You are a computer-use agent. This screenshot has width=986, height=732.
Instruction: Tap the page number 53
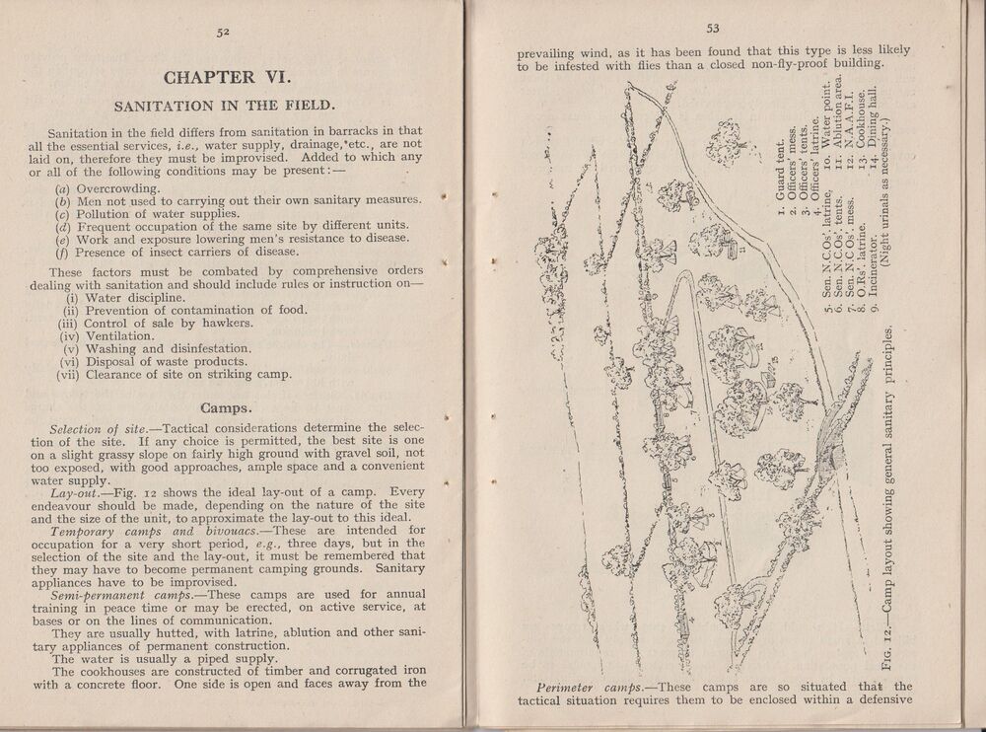coord(714,29)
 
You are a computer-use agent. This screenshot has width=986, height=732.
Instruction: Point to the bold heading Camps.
coord(229,406)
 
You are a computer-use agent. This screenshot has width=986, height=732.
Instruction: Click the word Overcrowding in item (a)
coord(120,187)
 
